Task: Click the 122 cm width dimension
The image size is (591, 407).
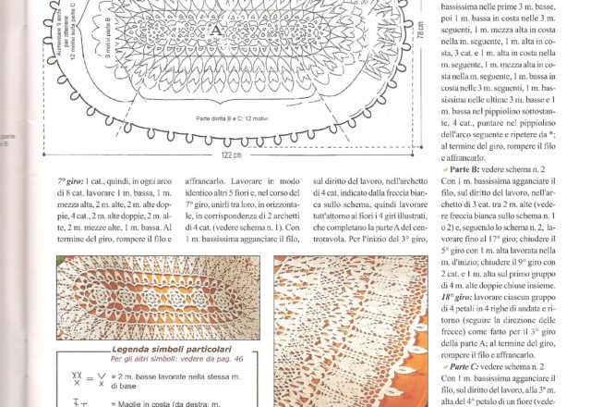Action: [x=224, y=154]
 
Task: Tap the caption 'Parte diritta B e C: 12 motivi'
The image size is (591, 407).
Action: [x=240, y=118]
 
